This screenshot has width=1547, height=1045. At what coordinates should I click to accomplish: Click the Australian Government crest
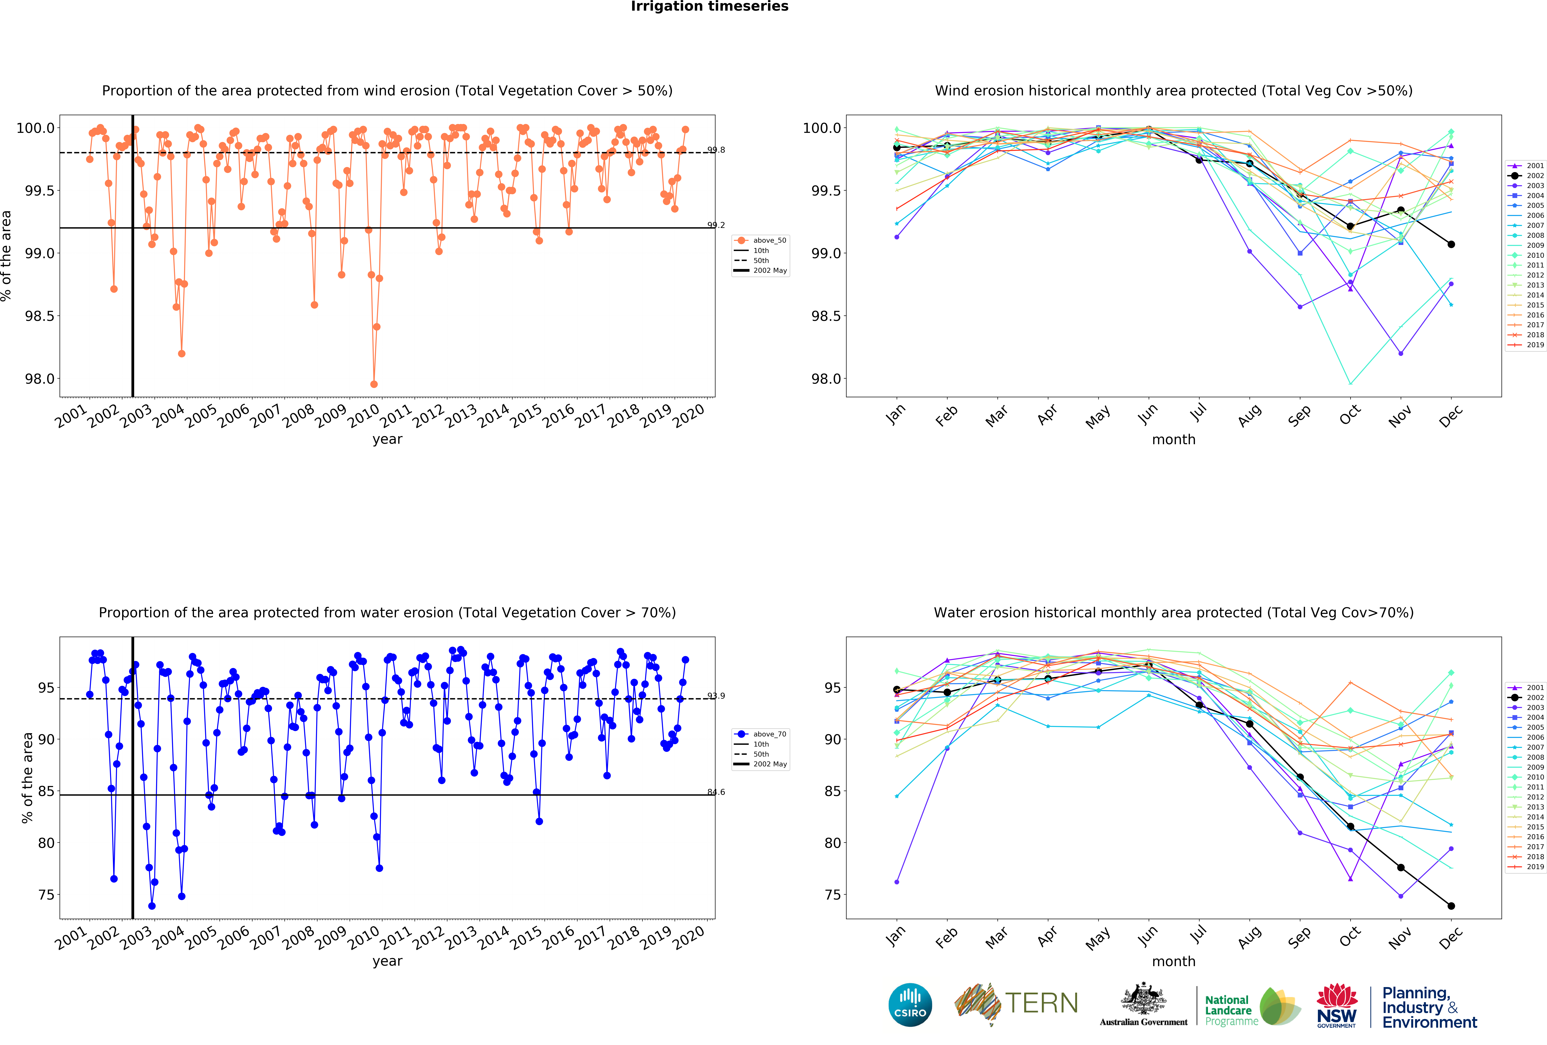pyautogui.click(x=1143, y=998)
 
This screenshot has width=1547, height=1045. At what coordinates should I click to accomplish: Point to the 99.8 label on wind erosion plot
pyautogui.click(x=716, y=150)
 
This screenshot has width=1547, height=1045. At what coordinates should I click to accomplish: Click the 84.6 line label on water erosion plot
pyautogui.click(x=716, y=792)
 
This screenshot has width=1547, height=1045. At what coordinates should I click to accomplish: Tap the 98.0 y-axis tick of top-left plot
pyautogui.click(x=40, y=379)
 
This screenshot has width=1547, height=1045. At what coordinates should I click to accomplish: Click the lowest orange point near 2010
pyautogui.click(x=374, y=384)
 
